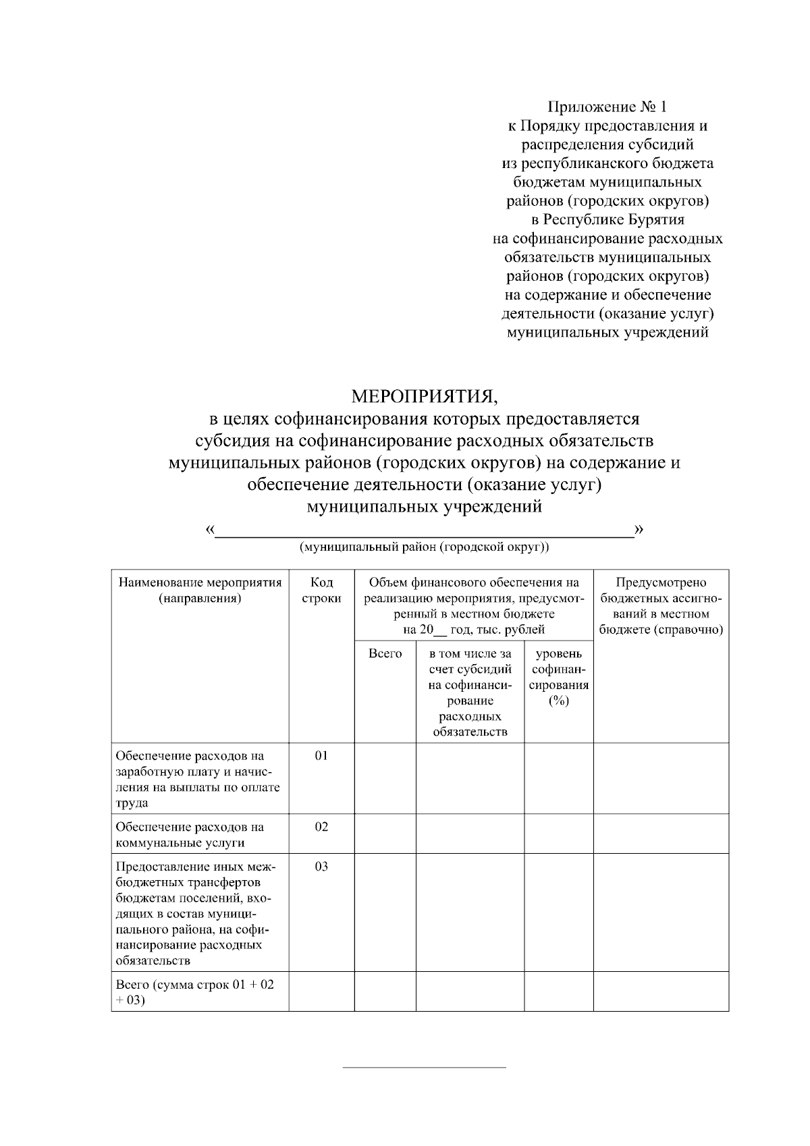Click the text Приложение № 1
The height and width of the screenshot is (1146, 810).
coord(607,107)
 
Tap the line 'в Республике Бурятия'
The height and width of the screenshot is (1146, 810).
coord(607,219)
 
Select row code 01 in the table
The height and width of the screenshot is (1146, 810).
coord(321,755)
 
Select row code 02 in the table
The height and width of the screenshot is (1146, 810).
coord(321,827)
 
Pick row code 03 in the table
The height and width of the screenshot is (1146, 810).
coord(321,866)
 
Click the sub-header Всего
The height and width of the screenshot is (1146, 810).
coord(385,653)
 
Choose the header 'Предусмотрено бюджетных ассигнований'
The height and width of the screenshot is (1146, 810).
coord(661,606)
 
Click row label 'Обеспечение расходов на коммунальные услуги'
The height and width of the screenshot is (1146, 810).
coord(190,834)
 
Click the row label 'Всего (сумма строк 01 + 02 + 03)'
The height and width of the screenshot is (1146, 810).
coord(194,992)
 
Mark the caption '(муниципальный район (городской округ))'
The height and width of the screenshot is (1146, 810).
coord(424,547)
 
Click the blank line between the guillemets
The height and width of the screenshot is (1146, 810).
coord(424,533)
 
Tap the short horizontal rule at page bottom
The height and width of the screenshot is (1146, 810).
coord(424,1068)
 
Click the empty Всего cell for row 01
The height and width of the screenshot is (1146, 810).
coord(385,778)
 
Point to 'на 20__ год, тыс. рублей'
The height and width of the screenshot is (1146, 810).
coord(474,630)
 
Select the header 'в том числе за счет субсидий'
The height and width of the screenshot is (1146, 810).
coord(470,692)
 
